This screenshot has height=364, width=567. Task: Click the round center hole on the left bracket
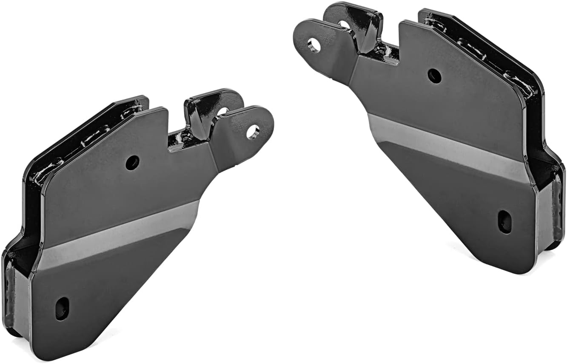click(x=132, y=162)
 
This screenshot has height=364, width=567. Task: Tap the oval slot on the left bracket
click(x=62, y=308)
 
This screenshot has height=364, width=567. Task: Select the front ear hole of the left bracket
click(x=253, y=131)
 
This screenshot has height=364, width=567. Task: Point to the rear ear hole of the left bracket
click(x=223, y=111)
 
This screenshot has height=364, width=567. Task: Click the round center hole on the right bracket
click(x=434, y=76)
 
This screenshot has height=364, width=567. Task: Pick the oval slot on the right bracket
click(x=505, y=221)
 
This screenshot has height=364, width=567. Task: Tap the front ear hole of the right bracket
click(x=314, y=45)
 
